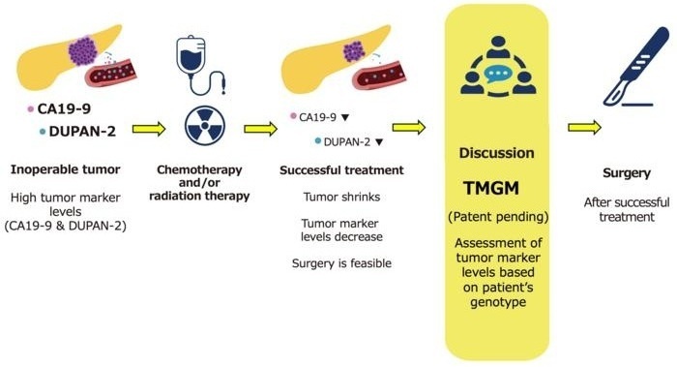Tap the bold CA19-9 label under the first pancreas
70,109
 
